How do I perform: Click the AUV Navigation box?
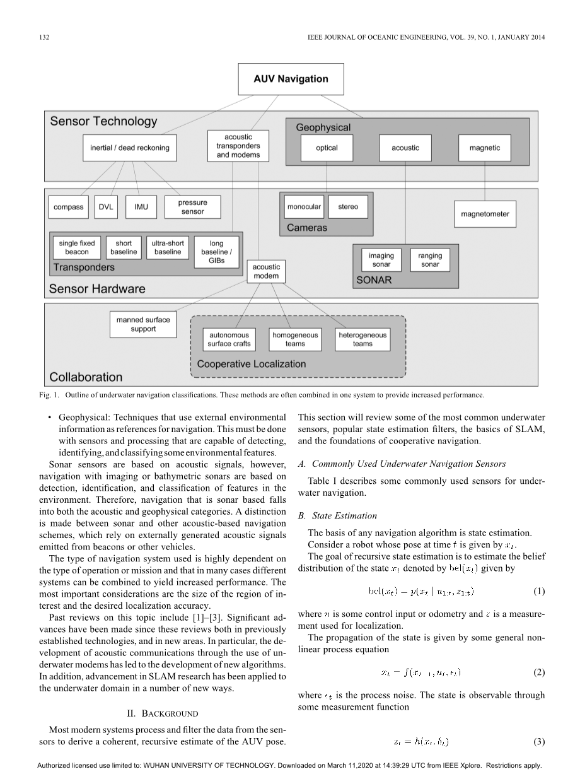(x=291, y=79)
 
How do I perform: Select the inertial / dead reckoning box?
(x=129, y=148)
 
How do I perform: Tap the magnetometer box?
(x=485, y=214)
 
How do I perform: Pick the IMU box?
(x=141, y=207)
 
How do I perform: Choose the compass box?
(x=68, y=207)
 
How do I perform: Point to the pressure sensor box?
(x=192, y=207)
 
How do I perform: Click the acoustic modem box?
(x=266, y=271)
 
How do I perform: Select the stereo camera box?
(x=348, y=207)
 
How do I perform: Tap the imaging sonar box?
(x=381, y=260)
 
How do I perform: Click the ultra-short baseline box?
(x=167, y=247)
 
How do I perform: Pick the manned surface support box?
(x=143, y=324)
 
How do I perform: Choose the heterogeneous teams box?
(x=362, y=339)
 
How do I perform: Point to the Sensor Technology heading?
(x=103, y=122)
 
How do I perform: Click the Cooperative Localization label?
(x=251, y=364)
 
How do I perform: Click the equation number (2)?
(x=538, y=672)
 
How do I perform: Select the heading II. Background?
(x=163, y=713)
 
